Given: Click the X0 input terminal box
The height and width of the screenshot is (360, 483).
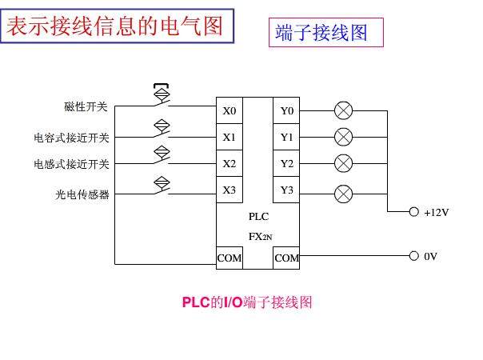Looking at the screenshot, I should pos(230,110).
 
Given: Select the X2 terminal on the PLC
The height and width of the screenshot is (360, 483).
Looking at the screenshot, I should pos(230,163).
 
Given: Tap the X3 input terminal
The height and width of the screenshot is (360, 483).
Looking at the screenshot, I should pos(230,190).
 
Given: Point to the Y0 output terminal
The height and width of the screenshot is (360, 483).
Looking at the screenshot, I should pos(287,110).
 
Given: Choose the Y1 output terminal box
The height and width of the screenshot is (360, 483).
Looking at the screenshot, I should pos(287,137).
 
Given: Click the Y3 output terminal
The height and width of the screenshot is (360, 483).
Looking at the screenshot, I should pos(287,190).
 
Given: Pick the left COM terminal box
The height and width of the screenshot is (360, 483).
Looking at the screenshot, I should pos(230,258).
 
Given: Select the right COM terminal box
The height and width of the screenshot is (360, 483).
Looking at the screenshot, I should pos(287,258).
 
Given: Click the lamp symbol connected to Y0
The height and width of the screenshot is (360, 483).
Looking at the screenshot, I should pos(343,110).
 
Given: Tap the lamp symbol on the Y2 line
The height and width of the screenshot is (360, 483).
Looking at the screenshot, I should pos(343,163).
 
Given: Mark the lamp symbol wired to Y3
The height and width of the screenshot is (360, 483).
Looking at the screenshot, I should pos(343,192).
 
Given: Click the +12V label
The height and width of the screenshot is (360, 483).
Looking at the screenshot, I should pos(437,213).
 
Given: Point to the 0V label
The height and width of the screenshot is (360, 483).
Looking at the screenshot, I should pos(430,257).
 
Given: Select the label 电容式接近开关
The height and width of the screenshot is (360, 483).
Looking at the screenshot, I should pos(71,137).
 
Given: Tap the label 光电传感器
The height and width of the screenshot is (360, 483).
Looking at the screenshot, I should pos(82,194).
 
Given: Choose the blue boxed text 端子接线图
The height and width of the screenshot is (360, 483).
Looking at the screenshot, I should pos(321,33).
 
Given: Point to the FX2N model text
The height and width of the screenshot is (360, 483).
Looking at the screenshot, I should pos(260,237).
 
